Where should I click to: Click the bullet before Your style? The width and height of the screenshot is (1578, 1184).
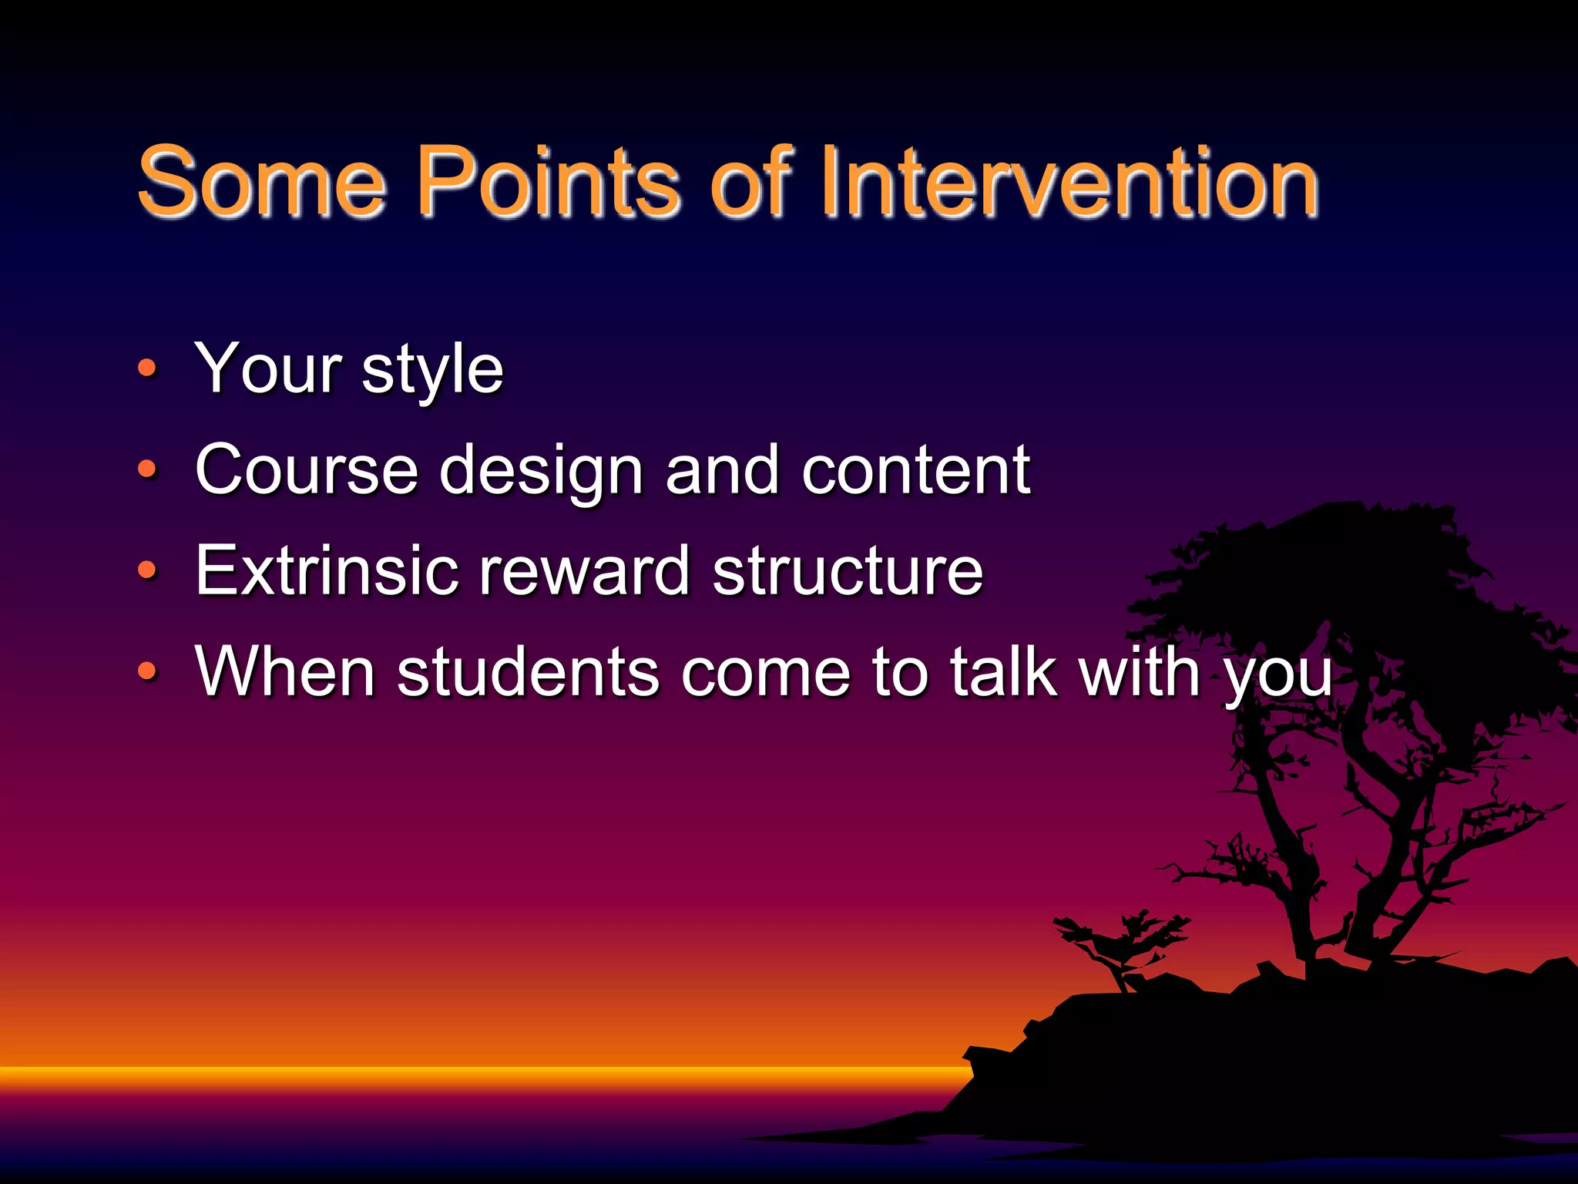[147, 368]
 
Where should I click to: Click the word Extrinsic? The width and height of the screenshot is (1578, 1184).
[327, 570]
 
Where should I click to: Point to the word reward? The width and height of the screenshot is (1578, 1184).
[583, 570]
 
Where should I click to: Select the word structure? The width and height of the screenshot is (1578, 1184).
[848, 572]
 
